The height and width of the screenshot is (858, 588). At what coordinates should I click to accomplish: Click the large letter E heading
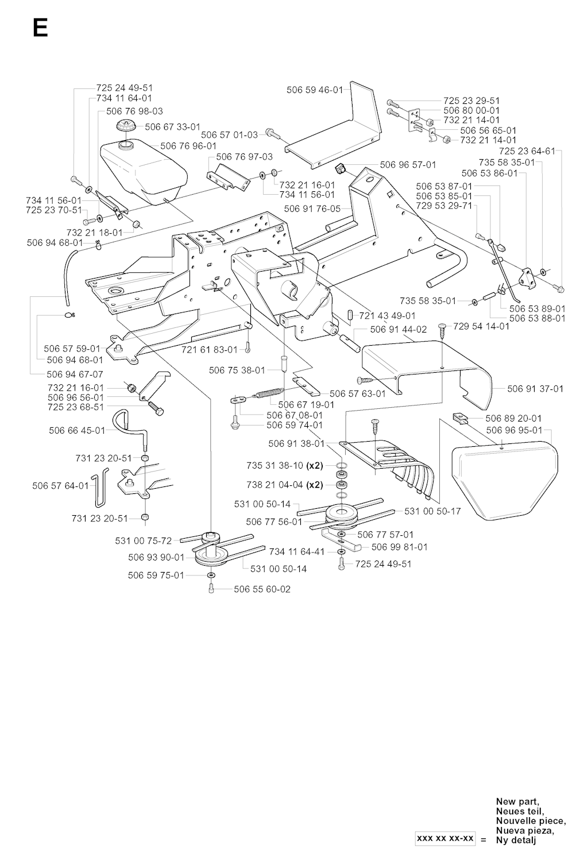tap(40, 28)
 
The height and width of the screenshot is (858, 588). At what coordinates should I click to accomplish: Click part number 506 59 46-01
tap(315, 90)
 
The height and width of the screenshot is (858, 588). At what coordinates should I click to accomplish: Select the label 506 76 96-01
tap(188, 146)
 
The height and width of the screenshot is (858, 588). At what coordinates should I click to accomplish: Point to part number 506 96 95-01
tap(514, 430)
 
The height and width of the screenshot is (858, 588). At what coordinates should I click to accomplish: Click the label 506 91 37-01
tap(535, 389)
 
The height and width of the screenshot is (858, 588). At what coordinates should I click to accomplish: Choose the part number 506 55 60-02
tap(262, 589)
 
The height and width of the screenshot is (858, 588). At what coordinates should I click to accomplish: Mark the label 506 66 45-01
tap(77, 430)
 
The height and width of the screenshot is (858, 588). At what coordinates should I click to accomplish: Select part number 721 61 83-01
tap(210, 350)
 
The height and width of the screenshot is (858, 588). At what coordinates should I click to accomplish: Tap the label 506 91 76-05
tap(312, 209)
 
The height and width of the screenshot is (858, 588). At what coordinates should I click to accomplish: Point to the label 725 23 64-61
tap(527, 151)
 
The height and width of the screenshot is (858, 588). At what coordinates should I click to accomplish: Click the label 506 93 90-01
tap(156, 557)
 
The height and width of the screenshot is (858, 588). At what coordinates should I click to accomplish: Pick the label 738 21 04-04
tap(274, 485)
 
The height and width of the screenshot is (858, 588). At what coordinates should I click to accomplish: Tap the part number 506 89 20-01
tap(513, 419)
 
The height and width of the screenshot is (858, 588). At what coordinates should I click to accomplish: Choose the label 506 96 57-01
tap(408, 165)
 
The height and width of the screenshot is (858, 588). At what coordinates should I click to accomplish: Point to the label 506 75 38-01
tap(237, 370)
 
